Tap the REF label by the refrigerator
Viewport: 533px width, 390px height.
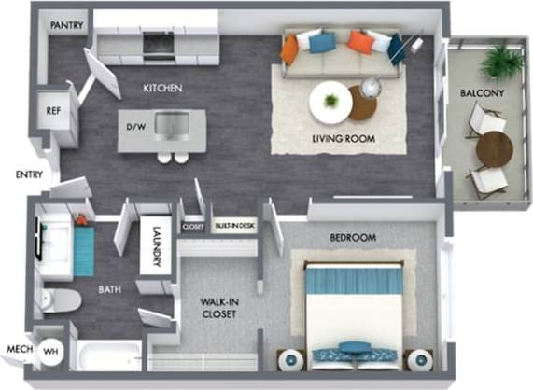[54, 109]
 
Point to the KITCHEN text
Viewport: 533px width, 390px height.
[161, 89]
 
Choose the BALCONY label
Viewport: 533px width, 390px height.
[482, 93]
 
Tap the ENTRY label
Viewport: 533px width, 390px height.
[29, 174]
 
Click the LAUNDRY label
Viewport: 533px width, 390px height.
[156, 247]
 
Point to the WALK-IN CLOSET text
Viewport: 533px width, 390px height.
[217, 308]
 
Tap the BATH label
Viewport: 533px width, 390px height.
[110, 289]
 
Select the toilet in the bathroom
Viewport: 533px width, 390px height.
[62, 300]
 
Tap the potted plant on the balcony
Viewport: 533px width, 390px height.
[503, 62]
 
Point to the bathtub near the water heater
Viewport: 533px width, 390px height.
[108, 355]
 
